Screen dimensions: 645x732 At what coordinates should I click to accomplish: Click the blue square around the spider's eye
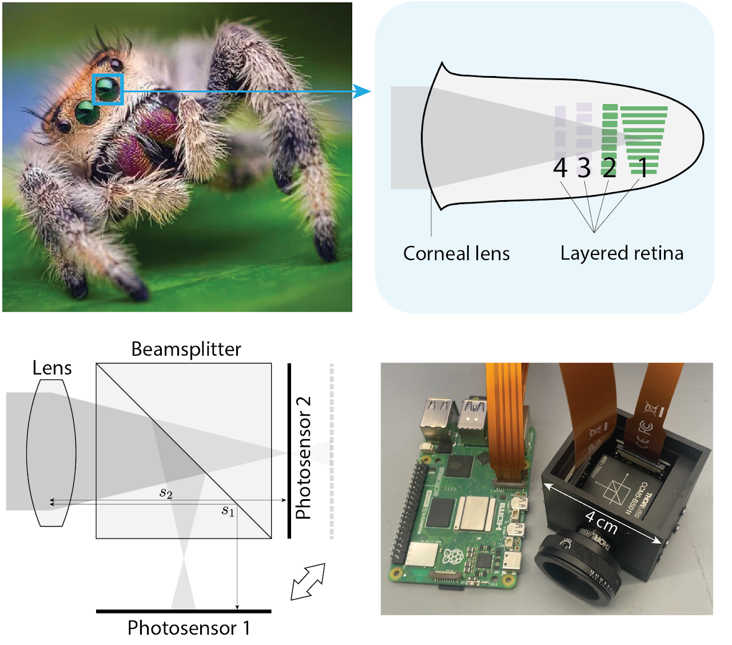(108, 89)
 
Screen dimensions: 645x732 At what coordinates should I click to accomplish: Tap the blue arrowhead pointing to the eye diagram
(361, 91)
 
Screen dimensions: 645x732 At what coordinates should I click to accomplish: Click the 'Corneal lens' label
(456, 253)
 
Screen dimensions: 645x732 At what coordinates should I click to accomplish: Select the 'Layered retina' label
(622, 253)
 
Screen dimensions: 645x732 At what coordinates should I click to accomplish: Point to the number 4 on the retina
(560, 168)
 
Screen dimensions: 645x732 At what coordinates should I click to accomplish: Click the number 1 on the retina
(643, 168)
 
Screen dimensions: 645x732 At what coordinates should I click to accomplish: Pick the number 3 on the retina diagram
(583, 168)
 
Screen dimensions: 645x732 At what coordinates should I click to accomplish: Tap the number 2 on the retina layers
(610, 168)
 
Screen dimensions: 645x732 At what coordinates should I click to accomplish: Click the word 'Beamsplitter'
(186, 349)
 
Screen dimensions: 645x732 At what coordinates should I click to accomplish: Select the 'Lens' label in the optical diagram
(52, 368)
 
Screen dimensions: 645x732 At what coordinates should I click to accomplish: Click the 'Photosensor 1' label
(189, 628)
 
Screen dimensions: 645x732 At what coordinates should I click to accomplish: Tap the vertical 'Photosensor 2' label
(303, 457)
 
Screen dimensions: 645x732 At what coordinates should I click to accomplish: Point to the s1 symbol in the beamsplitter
(228, 510)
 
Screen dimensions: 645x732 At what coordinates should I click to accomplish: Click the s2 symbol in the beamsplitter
(166, 492)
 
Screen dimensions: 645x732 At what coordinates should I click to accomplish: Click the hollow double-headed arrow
(308, 582)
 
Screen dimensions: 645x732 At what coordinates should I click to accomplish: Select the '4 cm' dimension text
(601, 522)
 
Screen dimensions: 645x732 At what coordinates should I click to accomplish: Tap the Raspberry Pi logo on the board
(452, 556)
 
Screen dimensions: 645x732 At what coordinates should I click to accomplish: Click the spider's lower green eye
(87, 113)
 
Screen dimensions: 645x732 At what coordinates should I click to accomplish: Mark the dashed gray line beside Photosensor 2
(332, 452)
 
